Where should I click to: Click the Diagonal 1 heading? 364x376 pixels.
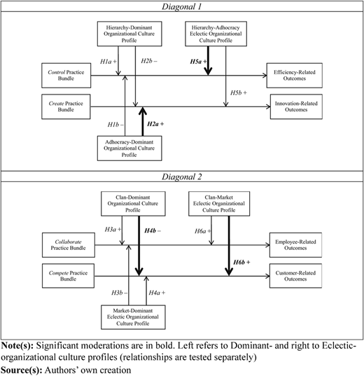pyautogui.click(x=182, y=6)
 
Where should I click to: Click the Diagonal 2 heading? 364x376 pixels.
pyautogui.click(x=182, y=176)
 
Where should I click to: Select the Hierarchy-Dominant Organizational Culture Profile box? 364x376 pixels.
pyautogui.click(x=129, y=34)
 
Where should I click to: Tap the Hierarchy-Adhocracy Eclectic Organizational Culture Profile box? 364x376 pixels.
pyautogui.click(x=216, y=34)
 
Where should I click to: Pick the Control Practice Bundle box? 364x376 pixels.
pyautogui.click(x=66, y=76)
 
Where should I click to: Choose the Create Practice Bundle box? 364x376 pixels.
pyautogui.click(x=66, y=106)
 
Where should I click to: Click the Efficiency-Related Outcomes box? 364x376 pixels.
pyautogui.click(x=295, y=76)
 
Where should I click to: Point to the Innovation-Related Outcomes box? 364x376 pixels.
pyautogui.click(x=296, y=106)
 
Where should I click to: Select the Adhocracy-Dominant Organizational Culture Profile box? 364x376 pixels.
pyautogui.click(x=129, y=148)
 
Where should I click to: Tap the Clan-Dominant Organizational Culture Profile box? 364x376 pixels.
pyautogui.click(x=133, y=204)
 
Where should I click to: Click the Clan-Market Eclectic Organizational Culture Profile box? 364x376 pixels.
pyautogui.click(x=219, y=204)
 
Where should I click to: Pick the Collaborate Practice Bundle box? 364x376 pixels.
pyautogui.click(x=69, y=245)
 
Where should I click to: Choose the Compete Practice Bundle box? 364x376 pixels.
pyautogui.click(x=68, y=276)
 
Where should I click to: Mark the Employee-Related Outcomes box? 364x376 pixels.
pyautogui.click(x=295, y=245)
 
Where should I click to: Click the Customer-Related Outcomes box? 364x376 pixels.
pyautogui.click(x=295, y=276)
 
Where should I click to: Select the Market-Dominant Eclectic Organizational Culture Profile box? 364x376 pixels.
pyautogui.click(x=133, y=317)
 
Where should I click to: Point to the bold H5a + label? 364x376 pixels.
pyautogui.click(x=198, y=62)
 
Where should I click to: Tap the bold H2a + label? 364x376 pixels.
pyautogui.click(x=155, y=124)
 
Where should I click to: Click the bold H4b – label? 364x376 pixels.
pyautogui.click(x=153, y=230)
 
